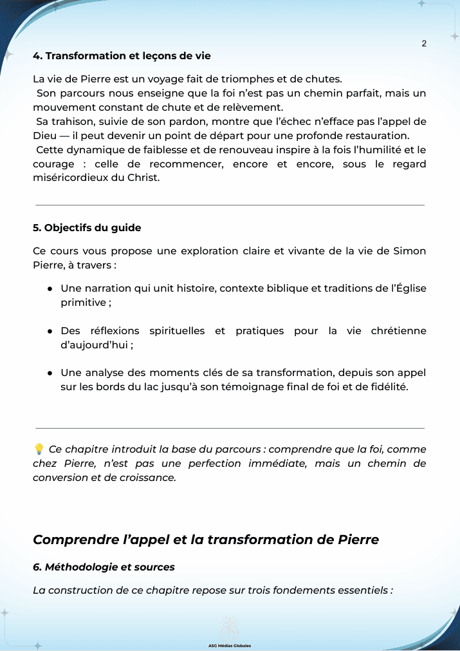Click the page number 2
(x=424, y=44)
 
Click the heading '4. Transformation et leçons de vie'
(x=122, y=56)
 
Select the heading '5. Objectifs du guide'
(x=87, y=228)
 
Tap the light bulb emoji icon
(x=39, y=449)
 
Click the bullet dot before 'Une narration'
(x=49, y=288)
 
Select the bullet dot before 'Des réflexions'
(x=49, y=331)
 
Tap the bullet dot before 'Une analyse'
(x=49, y=373)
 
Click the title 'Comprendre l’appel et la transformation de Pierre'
(x=206, y=540)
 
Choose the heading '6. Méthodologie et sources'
(x=104, y=567)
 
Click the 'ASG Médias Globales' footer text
(x=230, y=645)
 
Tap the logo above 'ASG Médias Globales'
(x=230, y=628)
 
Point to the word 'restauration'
(x=377, y=136)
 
